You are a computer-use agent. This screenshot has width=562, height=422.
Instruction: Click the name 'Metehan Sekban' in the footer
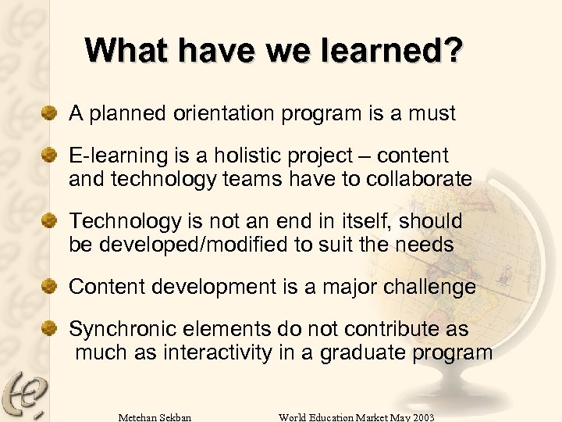tap(155, 416)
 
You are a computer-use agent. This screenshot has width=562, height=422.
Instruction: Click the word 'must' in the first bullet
tap(432, 114)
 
